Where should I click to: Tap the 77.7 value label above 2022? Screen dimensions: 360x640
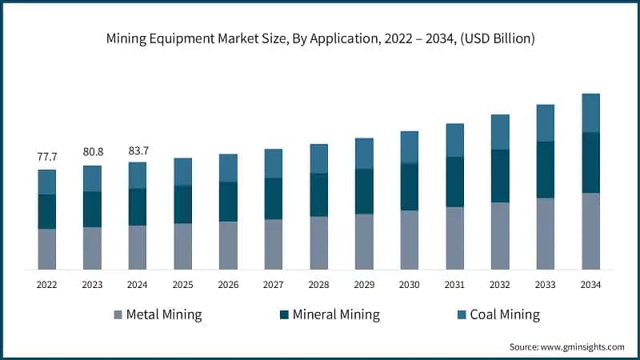[47, 156]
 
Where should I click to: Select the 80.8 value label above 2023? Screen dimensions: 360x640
[93, 151]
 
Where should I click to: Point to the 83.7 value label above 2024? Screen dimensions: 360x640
[138, 149]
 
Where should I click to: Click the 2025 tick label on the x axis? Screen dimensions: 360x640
[183, 284]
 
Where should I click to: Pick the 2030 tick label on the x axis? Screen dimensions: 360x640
[410, 284]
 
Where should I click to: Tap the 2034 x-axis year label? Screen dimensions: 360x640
[590, 284]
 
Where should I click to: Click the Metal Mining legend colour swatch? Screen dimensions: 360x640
[119, 314]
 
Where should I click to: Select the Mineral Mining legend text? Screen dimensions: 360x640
[336, 314]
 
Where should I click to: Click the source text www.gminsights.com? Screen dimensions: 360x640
[566, 346]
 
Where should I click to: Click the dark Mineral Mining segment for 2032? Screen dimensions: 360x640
[500, 176]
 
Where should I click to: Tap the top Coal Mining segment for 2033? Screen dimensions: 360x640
[546, 122]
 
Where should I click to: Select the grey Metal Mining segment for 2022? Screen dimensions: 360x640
[47, 249]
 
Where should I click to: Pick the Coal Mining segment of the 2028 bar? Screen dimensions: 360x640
[319, 158]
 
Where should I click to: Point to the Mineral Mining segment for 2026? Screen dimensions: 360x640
[229, 202]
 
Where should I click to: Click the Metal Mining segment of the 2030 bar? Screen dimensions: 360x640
[410, 239]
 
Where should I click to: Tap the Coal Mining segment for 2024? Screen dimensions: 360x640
[138, 175]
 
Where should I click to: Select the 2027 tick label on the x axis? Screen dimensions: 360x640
[274, 284]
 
